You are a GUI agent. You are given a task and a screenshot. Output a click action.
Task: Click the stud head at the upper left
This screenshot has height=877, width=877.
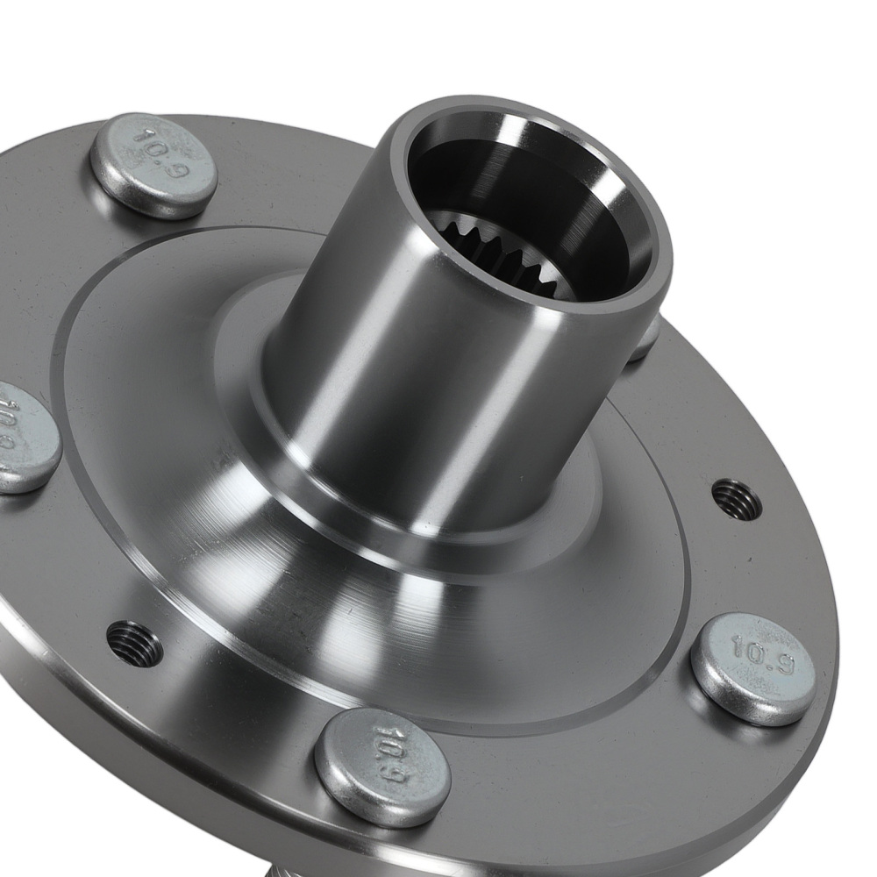(x=153, y=166)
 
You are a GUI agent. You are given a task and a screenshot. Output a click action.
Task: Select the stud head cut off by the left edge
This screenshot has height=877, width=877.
(x=24, y=438)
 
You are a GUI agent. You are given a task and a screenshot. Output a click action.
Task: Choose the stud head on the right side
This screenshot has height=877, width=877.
(x=752, y=668)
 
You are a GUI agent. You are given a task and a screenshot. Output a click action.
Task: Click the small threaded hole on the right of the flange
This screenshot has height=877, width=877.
(x=736, y=499)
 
